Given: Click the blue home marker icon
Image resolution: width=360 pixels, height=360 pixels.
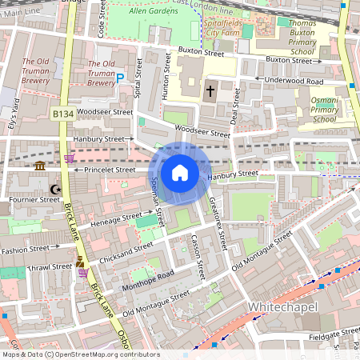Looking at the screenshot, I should tap(180, 173).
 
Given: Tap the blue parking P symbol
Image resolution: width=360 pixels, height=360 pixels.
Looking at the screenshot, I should tap(121, 78).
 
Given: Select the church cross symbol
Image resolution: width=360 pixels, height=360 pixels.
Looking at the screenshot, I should tap(211, 91).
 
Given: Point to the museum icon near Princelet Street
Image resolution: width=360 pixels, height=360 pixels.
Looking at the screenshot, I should tap(40, 166).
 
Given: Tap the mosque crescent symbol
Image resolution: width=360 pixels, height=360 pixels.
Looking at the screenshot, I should tap(55, 190).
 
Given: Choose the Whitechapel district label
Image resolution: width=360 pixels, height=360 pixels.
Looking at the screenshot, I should tap(283, 307).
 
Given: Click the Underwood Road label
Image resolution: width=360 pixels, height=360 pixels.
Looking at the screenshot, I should tap(294, 81).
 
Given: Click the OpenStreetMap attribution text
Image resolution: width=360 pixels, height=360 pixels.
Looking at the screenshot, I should tap(80, 354).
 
